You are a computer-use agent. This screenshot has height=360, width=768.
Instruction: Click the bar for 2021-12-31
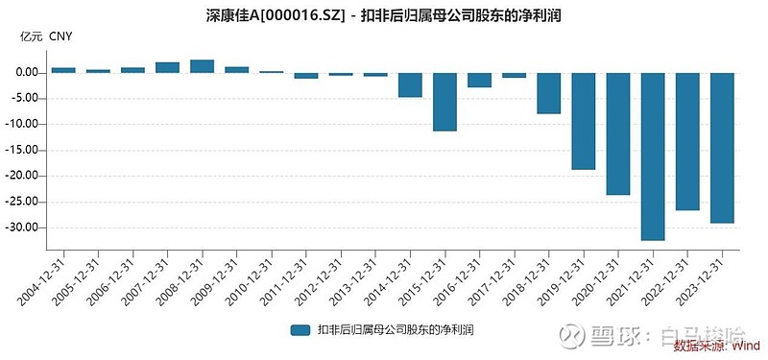click(x=653, y=156)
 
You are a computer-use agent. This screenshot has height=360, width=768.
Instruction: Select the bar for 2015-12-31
click(x=444, y=101)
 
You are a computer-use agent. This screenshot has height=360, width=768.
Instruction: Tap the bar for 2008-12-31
click(x=202, y=66)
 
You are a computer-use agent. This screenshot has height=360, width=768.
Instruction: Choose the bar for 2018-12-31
click(x=549, y=93)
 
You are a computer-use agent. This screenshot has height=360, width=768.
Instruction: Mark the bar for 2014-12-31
click(x=410, y=84)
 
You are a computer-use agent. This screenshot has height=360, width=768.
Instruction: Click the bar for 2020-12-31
click(x=618, y=133)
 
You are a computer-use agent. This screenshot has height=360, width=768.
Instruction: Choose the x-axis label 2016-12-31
click(x=464, y=279)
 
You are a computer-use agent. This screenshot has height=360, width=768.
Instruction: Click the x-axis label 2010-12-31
click(x=255, y=279)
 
